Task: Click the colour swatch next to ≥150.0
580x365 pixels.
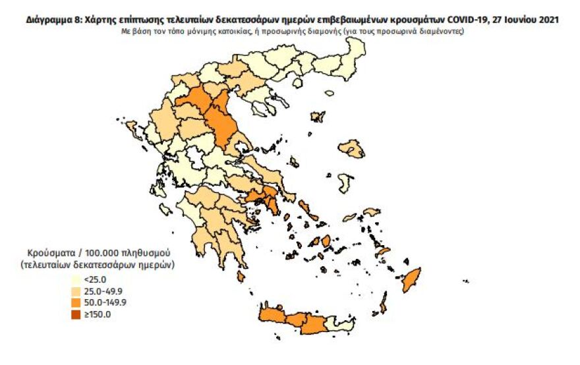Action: coord(77,314)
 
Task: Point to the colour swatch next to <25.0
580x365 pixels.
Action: coord(77,279)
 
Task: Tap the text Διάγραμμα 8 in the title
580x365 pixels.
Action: coord(54,20)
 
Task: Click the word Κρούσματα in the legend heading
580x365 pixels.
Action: coord(49,253)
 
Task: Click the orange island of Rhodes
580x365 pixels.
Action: coord(413,280)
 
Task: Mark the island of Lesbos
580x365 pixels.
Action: coord(351,150)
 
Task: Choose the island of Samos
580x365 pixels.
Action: coord(372,213)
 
